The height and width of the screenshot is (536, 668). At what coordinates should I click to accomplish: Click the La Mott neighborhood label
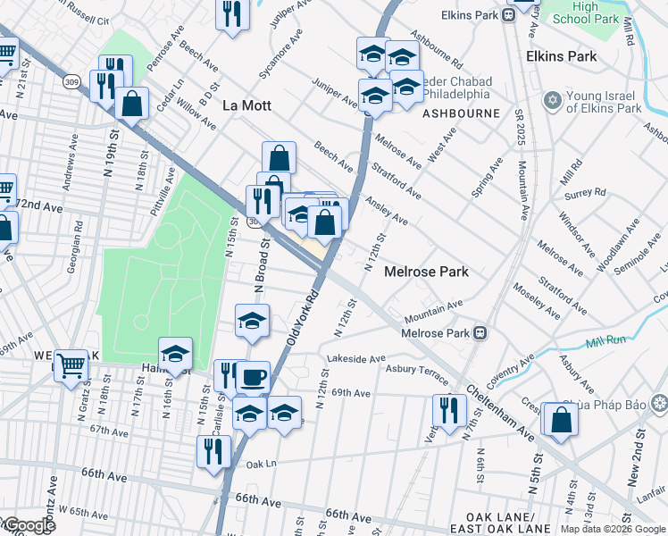tap(246, 105)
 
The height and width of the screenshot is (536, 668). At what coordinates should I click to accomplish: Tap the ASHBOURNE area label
tap(461, 114)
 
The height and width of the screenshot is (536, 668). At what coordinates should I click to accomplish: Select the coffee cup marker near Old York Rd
tap(252, 377)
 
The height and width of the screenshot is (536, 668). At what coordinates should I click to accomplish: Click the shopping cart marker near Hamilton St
tap(71, 364)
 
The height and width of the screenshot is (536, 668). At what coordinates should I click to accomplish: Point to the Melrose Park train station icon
tap(480, 333)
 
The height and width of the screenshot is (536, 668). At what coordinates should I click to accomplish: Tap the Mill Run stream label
tap(606, 342)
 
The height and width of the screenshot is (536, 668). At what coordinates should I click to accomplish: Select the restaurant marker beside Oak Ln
tap(213, 451)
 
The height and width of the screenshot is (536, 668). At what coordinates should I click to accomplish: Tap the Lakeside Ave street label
tap(356, 359)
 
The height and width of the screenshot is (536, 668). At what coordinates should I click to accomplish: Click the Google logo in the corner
tap(29, 526)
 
